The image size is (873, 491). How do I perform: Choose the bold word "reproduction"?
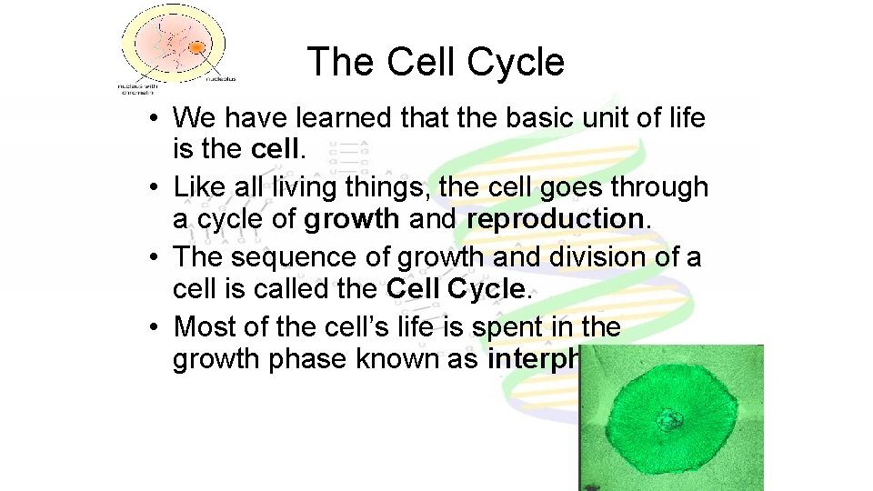(555, 219)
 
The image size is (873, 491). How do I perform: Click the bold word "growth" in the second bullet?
(352, 219)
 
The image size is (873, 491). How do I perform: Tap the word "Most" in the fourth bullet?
(206, 326)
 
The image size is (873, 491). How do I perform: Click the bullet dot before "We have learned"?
(157, 119)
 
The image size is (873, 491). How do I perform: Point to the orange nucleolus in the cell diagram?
(196, 45)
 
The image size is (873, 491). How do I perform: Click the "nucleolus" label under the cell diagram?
(217, 79)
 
